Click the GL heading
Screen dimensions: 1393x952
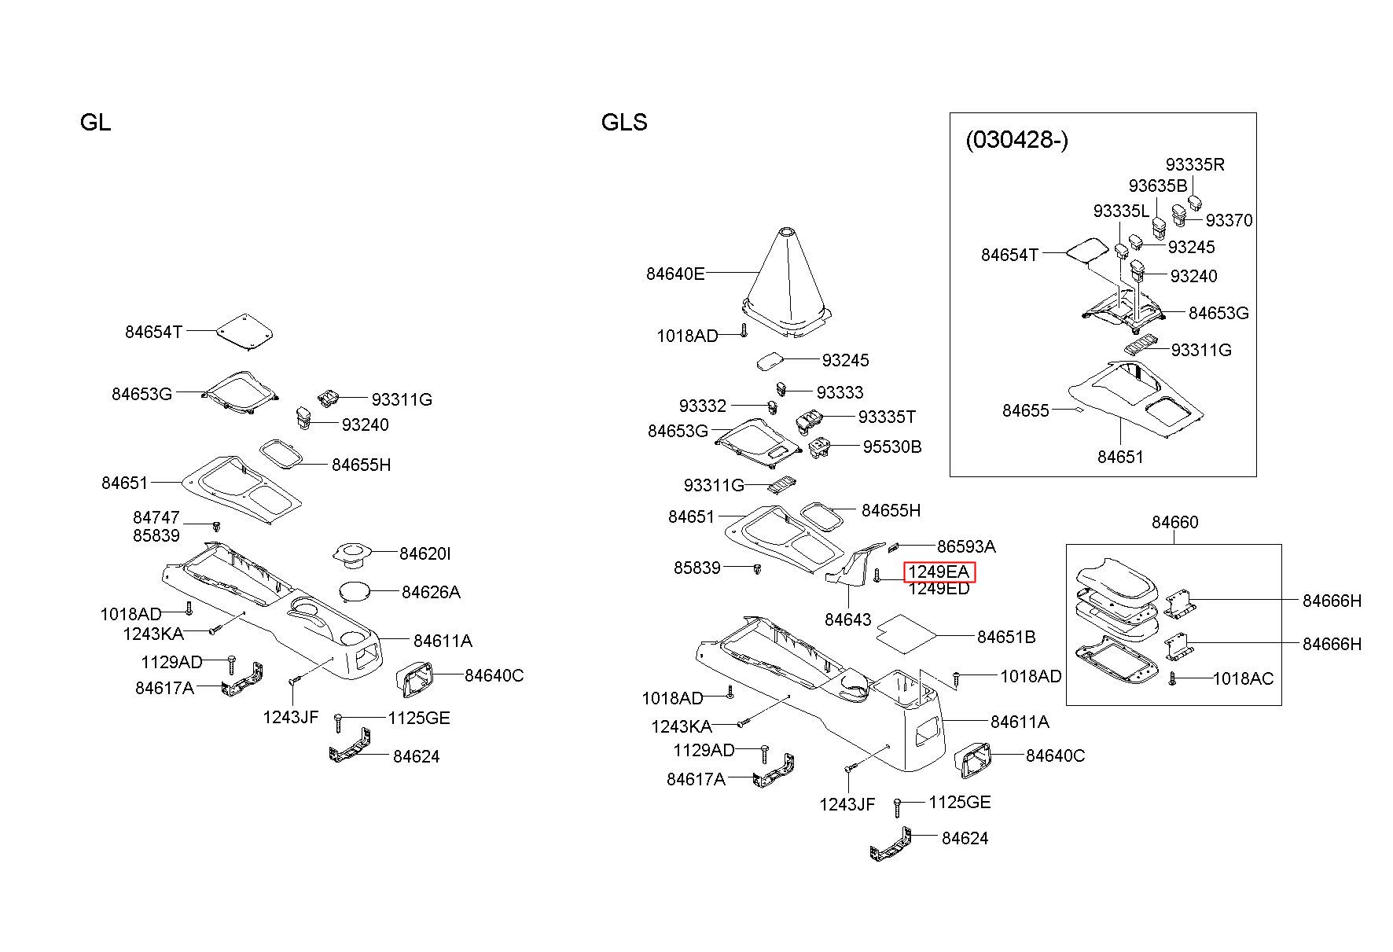(x=95, y=123)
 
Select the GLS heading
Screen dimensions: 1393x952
(x=624, y=123)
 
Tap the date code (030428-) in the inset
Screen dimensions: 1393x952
(x=1016, y=141)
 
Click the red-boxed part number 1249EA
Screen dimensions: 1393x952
(x=939, y=572)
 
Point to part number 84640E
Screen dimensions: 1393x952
(x=675, y=274)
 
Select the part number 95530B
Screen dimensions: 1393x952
(x=892, y=447)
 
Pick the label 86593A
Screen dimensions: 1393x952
(x=966, y=546)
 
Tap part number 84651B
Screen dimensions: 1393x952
(x=1006, y=637)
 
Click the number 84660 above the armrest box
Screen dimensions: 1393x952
(x=1175, y=523)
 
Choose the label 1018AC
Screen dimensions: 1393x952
(x=1243, y=678)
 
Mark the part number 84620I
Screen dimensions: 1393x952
(x=425, y=554)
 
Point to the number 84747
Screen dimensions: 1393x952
(x=156, y=518)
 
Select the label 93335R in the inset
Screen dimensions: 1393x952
(x=1195, y=165)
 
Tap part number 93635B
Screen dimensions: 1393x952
(x=1158, y=186)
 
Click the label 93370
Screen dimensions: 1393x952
(x=1229, y=221)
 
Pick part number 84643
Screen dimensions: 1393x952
(x=848, y=620)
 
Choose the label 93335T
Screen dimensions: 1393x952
(x=888, y=417)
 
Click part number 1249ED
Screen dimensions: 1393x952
(x=939, y=589)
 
